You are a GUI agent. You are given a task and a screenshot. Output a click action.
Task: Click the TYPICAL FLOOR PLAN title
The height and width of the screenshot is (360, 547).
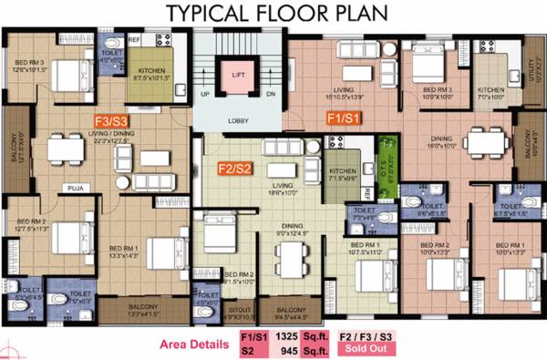pos(273,14)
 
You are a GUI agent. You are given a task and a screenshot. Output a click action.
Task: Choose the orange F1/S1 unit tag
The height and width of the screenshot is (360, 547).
pos(346,118)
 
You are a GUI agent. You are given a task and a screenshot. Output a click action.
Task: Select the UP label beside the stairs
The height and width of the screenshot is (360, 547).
pos(205,95)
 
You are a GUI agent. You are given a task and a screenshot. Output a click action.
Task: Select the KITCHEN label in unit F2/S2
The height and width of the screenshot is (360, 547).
pos(342,170)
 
